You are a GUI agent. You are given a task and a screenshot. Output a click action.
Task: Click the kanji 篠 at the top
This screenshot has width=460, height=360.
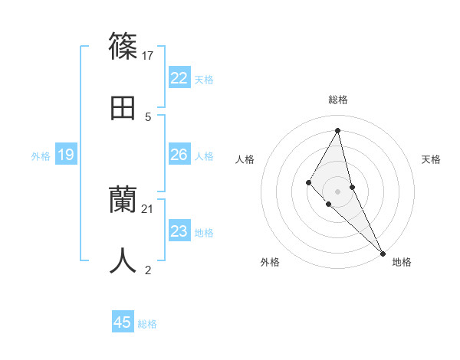[x=123, y=45]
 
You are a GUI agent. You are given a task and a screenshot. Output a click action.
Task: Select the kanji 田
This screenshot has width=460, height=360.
[x=123, y=108]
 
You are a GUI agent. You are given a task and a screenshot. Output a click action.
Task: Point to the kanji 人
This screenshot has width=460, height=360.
[x=123, y=260]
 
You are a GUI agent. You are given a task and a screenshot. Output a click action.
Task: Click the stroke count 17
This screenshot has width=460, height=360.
[x=149, y=55]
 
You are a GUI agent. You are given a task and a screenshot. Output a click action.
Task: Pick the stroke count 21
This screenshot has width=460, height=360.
[x=148, y=208]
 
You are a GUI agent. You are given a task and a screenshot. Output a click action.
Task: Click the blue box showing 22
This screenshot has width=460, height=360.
[x=179, y=78]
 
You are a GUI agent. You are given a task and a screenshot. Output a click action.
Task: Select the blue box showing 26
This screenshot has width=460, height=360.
[x=179, y=155]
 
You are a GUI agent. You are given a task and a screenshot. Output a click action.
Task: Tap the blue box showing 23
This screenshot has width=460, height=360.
[x=179, y=231]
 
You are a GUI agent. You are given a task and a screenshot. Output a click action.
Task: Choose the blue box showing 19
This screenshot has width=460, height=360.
[x=65, y=155]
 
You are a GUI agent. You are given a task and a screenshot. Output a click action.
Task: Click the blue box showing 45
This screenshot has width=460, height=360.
[x=123, y=322]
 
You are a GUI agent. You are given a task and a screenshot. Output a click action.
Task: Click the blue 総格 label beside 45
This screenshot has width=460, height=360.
[x=147, y=324]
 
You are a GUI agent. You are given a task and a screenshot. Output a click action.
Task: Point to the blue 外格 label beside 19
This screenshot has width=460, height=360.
[x=41, y=156]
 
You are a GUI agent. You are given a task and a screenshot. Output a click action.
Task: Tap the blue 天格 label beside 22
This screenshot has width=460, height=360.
[x=204, y=80]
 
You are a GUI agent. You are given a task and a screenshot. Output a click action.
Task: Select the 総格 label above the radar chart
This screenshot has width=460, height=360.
[x=338, y=100]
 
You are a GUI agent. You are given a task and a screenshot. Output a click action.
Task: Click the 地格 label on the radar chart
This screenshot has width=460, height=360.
[x=402, y=262]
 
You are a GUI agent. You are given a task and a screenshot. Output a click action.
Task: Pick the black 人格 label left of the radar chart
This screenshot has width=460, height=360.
[x=245, y=159]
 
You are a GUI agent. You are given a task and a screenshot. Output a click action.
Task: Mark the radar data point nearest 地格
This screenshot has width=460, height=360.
[x=383, y=254]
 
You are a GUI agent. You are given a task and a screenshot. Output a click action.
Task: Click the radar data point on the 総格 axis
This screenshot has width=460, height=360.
[x=338, y=129]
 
